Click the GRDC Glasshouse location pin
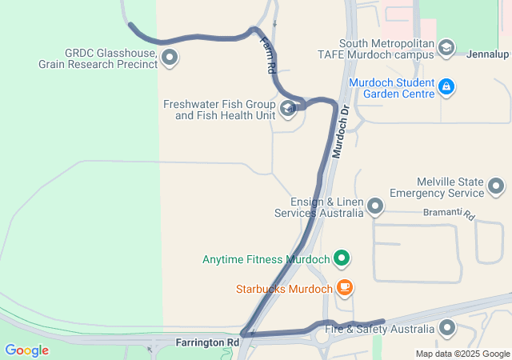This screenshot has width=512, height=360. point(170,56)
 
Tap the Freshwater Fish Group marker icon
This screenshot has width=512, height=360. point(288,109)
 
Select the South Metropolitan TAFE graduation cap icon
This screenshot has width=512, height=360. point(446,49)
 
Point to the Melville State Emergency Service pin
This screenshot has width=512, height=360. point(496,186)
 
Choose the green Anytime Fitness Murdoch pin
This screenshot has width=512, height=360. point(342,258)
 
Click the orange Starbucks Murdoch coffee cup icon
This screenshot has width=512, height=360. point(345,286)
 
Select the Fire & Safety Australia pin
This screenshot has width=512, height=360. point(446,327)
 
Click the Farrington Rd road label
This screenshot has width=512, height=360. point(207,342)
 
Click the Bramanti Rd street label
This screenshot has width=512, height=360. point(450,215)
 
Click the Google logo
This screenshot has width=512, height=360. point(26,350)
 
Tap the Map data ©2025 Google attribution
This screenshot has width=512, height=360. point(462,354)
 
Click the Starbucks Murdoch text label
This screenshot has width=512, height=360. point(283,289)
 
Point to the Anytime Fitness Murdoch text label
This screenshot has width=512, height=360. point(266,259)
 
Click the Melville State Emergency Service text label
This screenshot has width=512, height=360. point(436,187)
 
